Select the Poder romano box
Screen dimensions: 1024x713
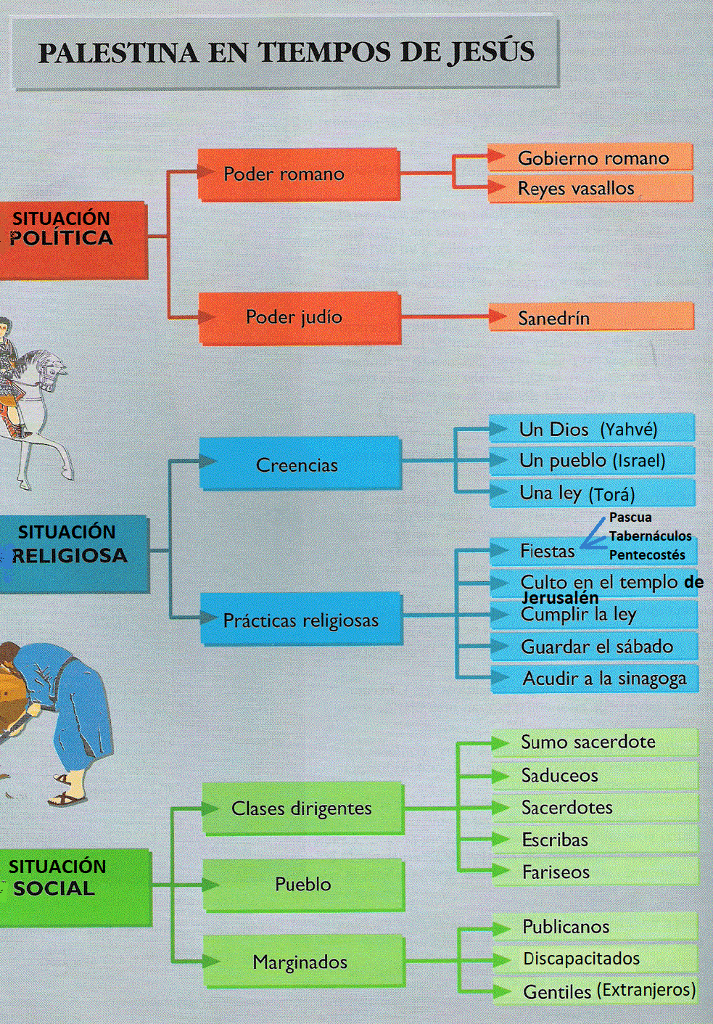(298, 174)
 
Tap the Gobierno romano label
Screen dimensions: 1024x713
(593, 158)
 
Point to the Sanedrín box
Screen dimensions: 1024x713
(590, 318)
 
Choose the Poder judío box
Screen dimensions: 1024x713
(300, 317)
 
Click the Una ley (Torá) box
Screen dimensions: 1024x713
(590, 493)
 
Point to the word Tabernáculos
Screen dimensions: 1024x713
(650, 536)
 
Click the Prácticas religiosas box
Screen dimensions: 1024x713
(301, 620)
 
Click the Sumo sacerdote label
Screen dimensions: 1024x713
(588, 742)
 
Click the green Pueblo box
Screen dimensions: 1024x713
(302, 884)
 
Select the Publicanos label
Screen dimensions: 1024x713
(566, 927)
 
